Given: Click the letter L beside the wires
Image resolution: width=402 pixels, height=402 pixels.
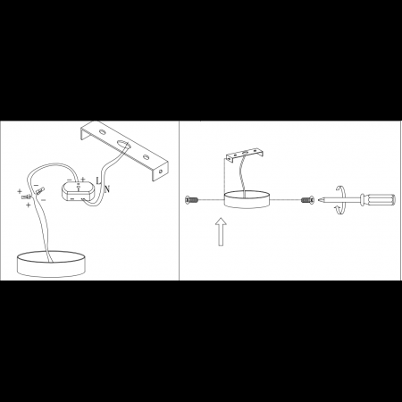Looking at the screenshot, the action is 98,180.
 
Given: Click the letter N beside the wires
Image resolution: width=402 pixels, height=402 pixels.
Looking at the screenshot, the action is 107,188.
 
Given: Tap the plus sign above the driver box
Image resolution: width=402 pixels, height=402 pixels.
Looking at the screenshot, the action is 83,180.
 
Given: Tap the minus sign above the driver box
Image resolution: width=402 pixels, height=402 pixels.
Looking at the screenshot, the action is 70,180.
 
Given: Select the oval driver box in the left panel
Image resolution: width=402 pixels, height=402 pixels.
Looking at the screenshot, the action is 78,191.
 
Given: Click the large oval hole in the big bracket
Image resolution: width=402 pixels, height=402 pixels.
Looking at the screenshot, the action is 123,144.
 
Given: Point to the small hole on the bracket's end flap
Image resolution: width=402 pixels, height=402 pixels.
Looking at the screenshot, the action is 161,172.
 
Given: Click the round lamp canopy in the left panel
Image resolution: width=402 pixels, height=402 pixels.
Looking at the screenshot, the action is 51,264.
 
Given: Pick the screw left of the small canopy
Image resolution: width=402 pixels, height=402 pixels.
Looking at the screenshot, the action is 191,200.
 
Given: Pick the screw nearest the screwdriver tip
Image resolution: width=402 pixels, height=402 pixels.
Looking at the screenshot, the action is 307,200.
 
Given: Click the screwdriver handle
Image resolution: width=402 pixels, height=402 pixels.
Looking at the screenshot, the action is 378,199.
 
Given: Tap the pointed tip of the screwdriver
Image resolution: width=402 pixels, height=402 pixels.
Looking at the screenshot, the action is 319,199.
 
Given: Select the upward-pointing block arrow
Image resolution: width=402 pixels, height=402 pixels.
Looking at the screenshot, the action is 221,231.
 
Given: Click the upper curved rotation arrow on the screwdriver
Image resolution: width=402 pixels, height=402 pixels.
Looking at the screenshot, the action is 340,190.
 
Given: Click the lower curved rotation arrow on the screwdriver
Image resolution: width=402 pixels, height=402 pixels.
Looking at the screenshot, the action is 340,209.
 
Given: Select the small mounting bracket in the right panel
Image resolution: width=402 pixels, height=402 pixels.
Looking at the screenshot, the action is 245,155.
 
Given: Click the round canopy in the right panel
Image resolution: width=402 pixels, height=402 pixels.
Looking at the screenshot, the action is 247,199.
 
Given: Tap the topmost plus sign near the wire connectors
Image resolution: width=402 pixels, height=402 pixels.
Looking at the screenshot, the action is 20,191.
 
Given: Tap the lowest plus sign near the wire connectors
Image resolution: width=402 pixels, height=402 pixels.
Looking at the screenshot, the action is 29,205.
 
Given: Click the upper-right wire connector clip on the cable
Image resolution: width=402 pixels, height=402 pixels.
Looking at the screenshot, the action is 39,190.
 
